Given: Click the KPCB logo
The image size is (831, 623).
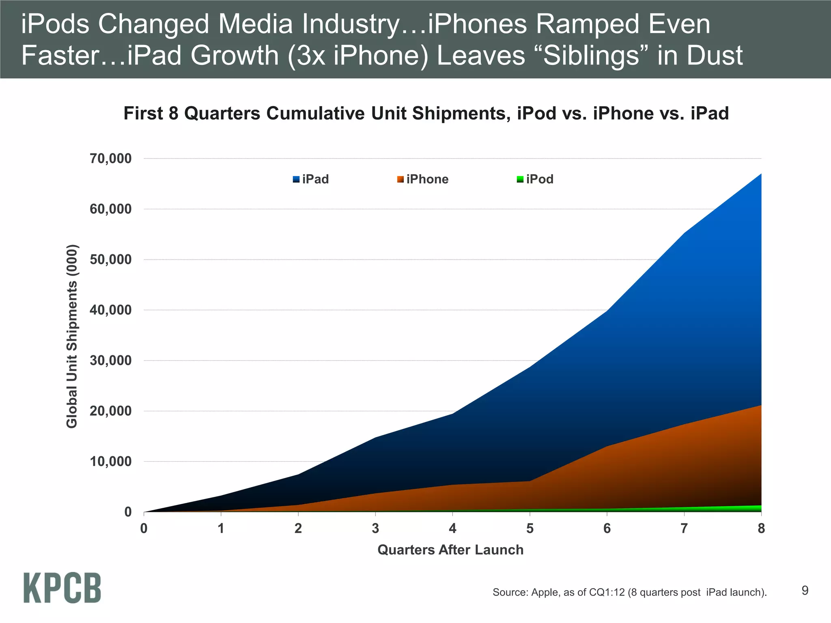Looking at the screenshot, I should point(62,588).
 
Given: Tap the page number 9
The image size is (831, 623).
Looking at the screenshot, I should point(805,591).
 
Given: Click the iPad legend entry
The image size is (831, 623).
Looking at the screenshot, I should point(311,179).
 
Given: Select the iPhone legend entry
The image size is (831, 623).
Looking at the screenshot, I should point(423,179).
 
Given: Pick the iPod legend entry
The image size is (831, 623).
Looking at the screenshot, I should point(535,179).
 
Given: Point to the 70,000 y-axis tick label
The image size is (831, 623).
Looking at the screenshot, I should point(110,159).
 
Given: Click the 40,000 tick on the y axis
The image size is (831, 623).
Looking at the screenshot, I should point(110,310).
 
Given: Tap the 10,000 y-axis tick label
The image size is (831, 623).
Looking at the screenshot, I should point(110,462).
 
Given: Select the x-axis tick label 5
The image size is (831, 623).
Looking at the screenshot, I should point(530,528).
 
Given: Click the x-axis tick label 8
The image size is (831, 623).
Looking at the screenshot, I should point(761,528).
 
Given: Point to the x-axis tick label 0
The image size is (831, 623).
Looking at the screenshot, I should point(144,528).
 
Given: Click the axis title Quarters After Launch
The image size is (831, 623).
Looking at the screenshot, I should point(450,550).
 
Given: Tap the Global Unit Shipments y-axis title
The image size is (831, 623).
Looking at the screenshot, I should point(72,336).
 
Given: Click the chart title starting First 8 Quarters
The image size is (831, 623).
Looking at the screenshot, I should point(426,113).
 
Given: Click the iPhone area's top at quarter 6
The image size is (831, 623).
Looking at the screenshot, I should point(607,447).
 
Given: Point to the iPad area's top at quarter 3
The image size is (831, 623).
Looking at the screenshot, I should point(375,438).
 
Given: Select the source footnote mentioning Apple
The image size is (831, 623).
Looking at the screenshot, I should point(629,592).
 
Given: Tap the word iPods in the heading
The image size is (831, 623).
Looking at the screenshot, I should point(55,24).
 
